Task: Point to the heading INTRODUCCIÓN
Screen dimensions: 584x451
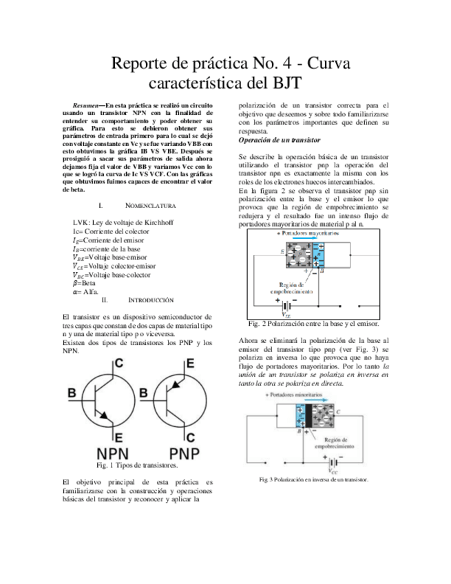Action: click(151, 300)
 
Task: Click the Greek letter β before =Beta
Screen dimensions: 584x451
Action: click(75, 282)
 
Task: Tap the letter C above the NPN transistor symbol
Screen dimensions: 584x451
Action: click(118, 364)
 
